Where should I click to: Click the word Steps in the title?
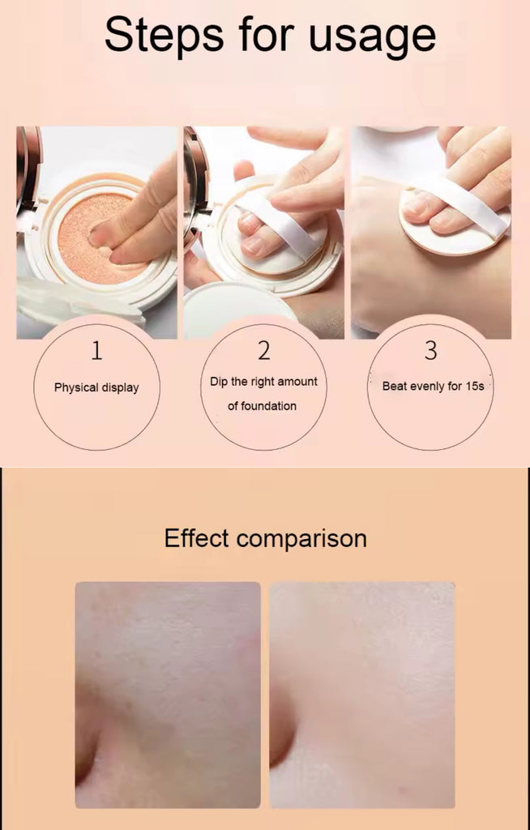tap(165, 36)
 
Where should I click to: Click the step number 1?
tap(96, 350)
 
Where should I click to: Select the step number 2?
tap(263, 350)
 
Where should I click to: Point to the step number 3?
tap(431, 350)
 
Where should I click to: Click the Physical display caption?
tap(96, 387)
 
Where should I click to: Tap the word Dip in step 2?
tap(219, 383)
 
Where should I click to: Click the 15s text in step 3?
tap(475, 386)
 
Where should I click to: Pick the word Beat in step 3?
tap(395, 386)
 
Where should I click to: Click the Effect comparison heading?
tap(265, 538)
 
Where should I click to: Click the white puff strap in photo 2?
tap(280, 222)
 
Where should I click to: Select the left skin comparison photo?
tap(168, 695)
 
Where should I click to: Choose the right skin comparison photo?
tap(362, 695)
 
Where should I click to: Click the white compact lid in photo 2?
tap(238, 307)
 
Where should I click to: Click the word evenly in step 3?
tap(428, 387)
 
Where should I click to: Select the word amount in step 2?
tap(297, 383)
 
